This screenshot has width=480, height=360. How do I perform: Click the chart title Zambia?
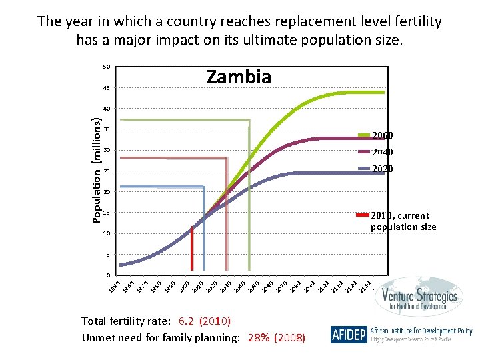coord(239,77)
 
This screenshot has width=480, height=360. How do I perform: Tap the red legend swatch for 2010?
coord(363,215)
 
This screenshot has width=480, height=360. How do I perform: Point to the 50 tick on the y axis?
coord(106,67)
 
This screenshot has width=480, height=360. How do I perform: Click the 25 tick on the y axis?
coord(106,171)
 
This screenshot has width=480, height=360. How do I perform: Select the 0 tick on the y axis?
coord(107,275)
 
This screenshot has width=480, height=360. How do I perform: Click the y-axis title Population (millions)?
coord(97,171)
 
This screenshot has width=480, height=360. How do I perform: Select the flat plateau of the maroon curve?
coord(347,138)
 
